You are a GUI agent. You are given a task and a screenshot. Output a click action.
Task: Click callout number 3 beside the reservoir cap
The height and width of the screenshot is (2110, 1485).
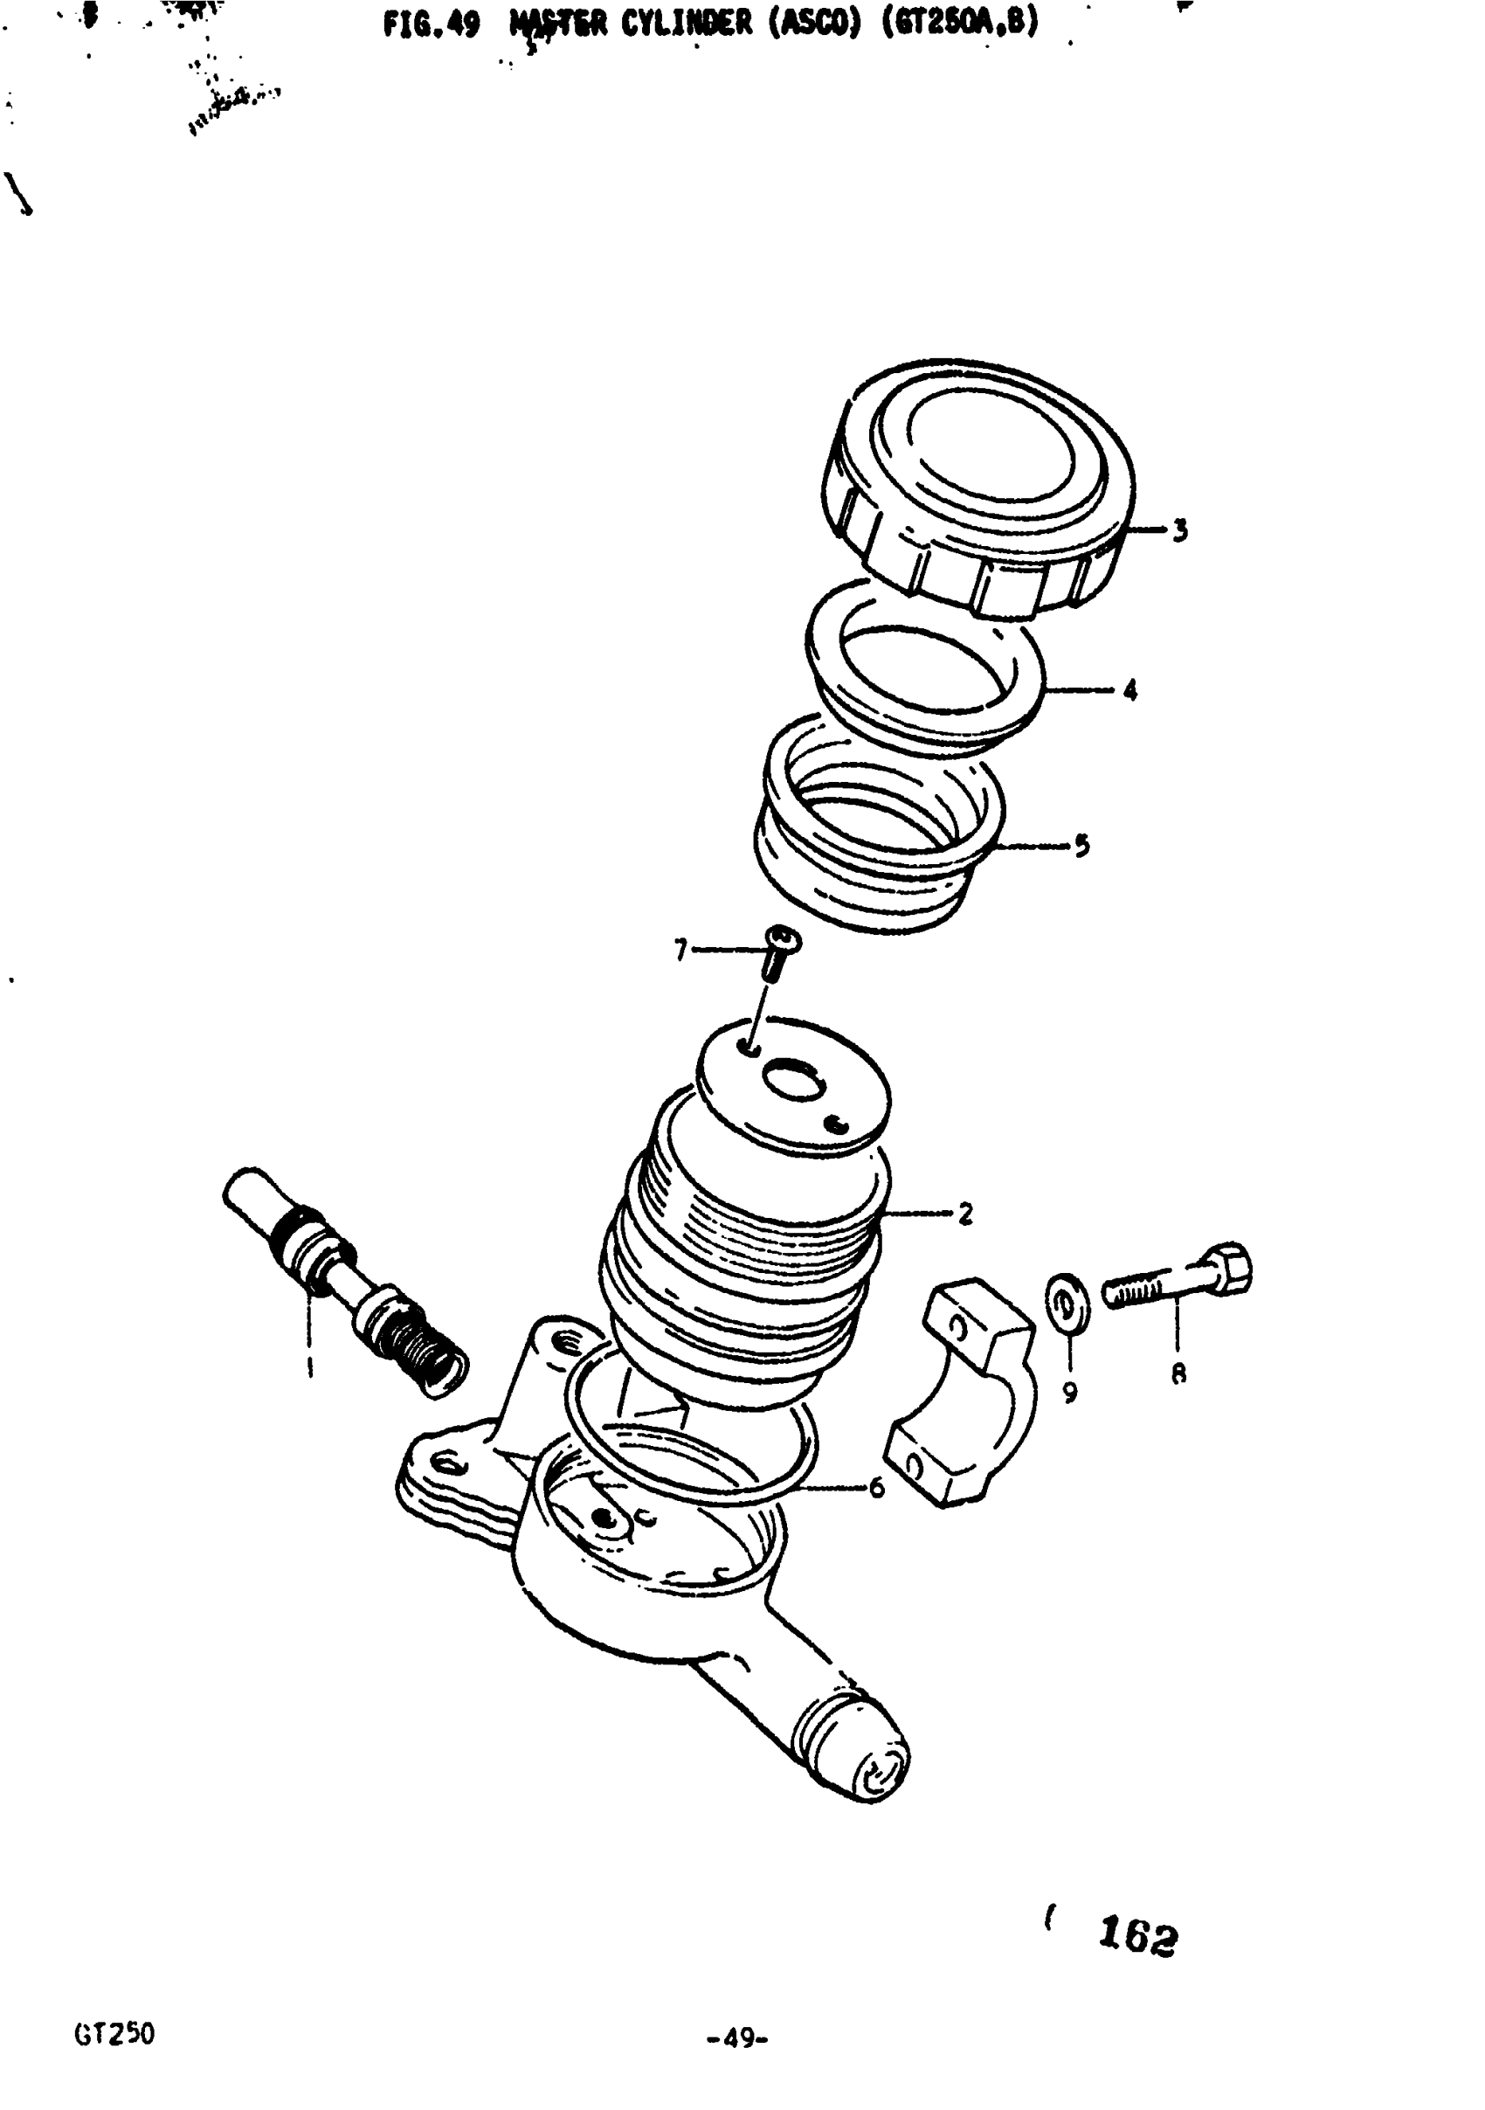1180,530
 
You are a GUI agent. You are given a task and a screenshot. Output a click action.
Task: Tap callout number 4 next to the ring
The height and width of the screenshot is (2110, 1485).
1129,689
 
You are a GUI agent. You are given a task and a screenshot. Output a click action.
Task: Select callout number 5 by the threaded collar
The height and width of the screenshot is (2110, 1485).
1081,846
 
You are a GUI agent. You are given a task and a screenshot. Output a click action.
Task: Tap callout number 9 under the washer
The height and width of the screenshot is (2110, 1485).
1070,1394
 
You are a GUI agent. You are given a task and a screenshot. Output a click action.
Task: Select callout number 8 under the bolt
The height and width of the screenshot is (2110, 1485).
1178,1373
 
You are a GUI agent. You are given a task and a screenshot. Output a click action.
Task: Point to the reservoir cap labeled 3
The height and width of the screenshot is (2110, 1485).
984,487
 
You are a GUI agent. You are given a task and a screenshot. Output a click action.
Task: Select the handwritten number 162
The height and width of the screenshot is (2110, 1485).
1137,1938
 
